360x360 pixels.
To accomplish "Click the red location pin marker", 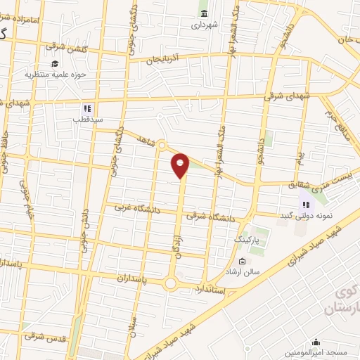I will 181,165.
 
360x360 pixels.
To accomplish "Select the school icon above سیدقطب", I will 88,108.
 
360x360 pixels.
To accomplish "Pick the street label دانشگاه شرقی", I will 210,217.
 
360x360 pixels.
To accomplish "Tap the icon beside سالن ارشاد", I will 243,262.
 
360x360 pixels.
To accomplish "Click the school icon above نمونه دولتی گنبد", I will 305,203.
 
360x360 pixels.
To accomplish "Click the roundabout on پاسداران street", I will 169,283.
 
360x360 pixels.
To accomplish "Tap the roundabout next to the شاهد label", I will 161,146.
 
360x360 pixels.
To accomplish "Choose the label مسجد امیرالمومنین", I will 314,352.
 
